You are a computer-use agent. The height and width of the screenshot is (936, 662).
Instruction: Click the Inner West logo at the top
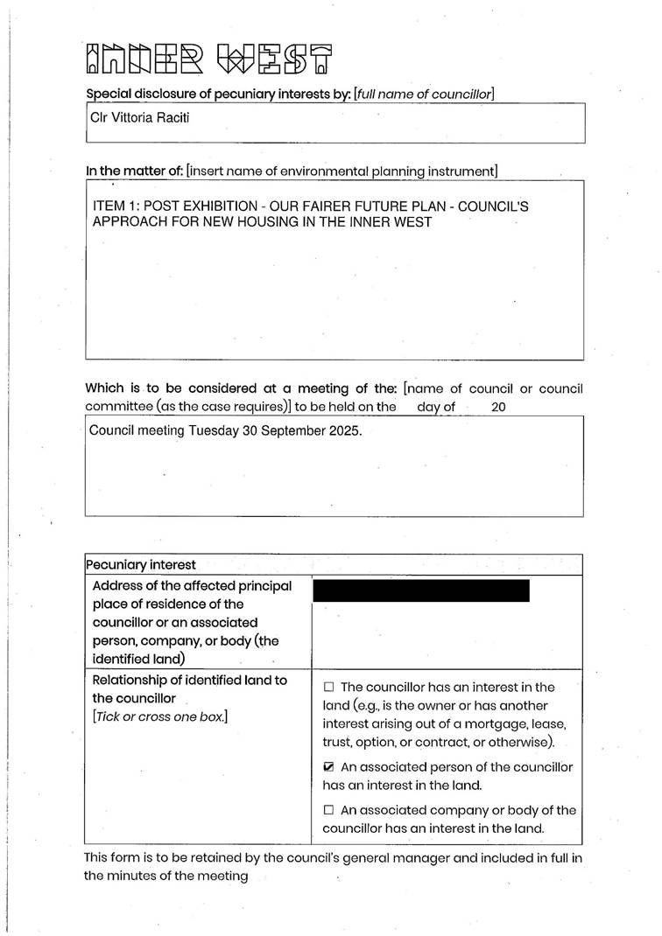coord(209,58)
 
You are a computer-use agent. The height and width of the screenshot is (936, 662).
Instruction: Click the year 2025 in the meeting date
coord(342,431)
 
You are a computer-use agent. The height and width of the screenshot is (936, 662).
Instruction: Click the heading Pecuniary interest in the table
coord(141,565)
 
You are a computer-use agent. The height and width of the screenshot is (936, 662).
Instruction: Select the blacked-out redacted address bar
coord(421,590)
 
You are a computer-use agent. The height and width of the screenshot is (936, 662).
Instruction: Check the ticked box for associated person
coord(329,767)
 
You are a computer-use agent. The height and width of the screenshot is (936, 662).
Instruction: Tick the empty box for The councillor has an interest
coord(329,688)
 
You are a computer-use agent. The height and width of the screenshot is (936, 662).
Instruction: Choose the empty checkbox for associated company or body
coord(329,811)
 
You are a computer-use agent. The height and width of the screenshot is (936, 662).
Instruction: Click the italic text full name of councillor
coord(425,94)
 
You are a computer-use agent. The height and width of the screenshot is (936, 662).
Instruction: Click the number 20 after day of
coord(499,407)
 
